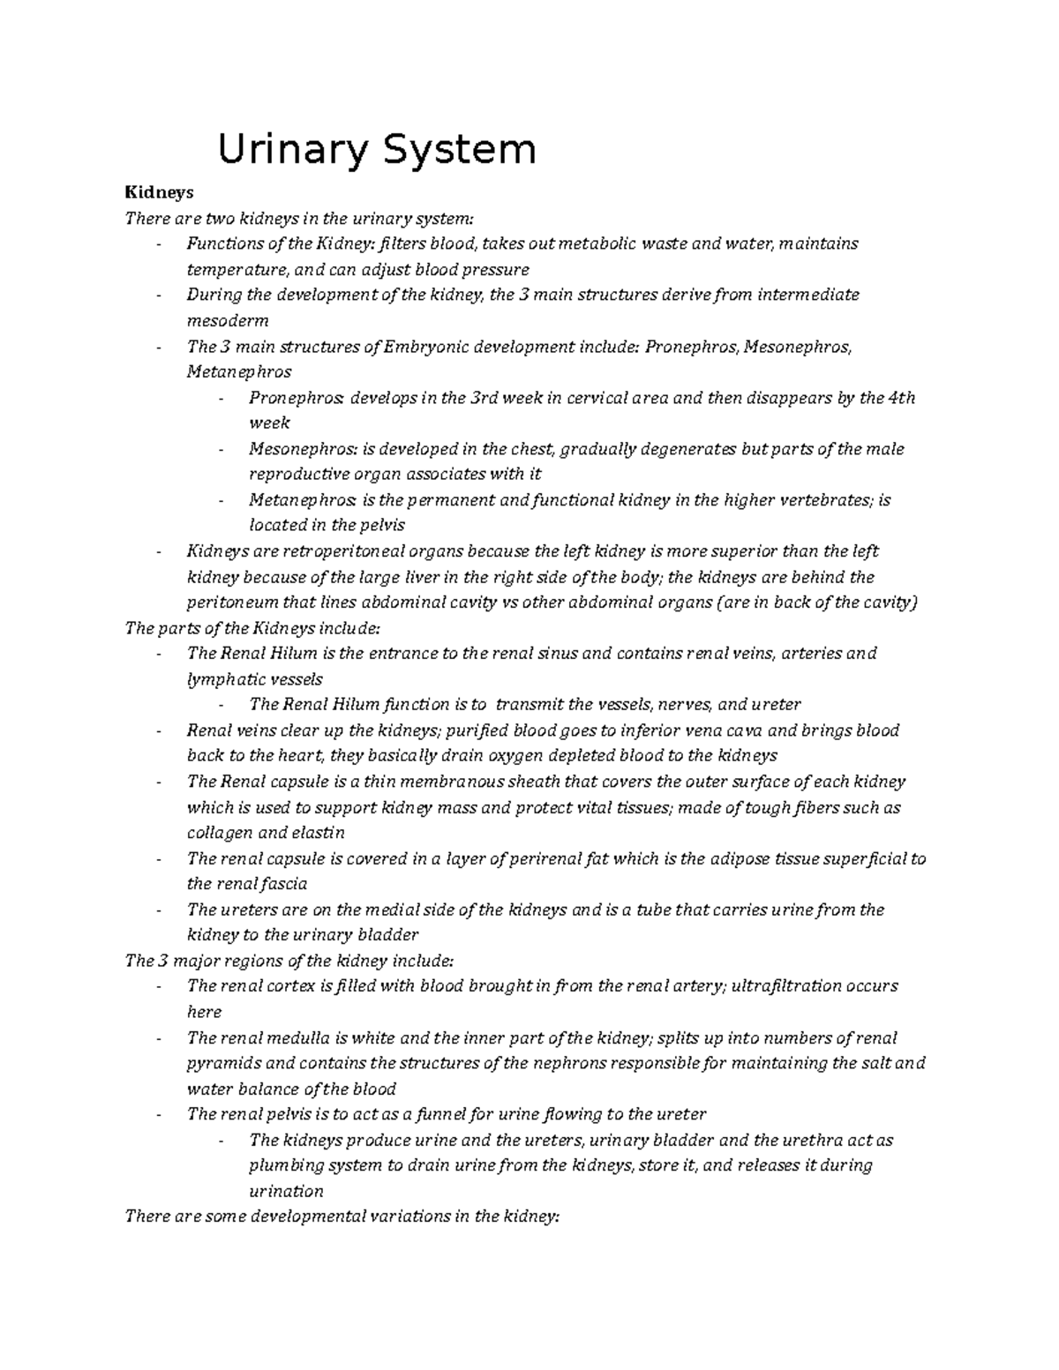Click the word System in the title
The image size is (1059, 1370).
(x=457, y=149)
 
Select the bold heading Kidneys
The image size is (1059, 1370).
(x=159, y=191)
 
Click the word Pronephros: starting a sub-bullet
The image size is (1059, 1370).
(x=296, y=398)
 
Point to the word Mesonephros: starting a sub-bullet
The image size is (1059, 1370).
(x=300, y=449)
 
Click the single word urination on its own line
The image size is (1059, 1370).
(x=286, y=1191)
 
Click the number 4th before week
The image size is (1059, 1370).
(x=901, y=398)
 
